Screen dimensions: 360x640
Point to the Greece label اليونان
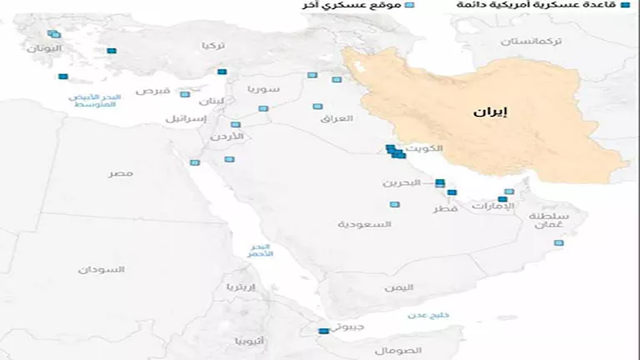(x=43, y=48)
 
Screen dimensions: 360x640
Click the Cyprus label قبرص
(x=153, y=90)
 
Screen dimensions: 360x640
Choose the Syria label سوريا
(x=263, y=88)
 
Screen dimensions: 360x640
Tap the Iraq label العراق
(x=337, y=118)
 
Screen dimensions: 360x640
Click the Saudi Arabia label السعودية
(x=365, y=224)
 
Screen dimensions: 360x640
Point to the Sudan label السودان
(x=102, y=269)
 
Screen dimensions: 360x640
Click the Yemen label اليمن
(x=398, y=287)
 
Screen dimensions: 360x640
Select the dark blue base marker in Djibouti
(x=324, y=332)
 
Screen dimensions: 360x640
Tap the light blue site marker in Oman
(x=558, y=243)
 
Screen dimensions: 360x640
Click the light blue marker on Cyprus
(x=185, y=94)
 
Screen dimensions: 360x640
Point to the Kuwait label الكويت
(x=427, y=149)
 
